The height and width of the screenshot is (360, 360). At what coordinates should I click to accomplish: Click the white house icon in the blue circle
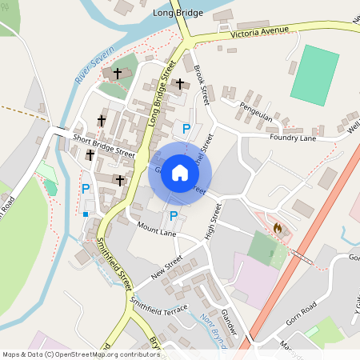(180, 173)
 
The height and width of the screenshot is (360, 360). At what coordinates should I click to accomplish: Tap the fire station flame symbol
(278, 228)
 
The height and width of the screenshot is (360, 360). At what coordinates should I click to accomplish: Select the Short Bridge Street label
(103, 145)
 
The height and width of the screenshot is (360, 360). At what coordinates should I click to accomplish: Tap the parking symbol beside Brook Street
(186, 128)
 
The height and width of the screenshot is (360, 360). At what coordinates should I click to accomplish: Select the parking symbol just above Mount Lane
(173, 215)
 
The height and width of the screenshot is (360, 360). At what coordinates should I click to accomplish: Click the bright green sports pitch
(314, 75)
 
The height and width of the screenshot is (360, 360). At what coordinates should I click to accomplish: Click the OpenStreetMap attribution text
(81, 354)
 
